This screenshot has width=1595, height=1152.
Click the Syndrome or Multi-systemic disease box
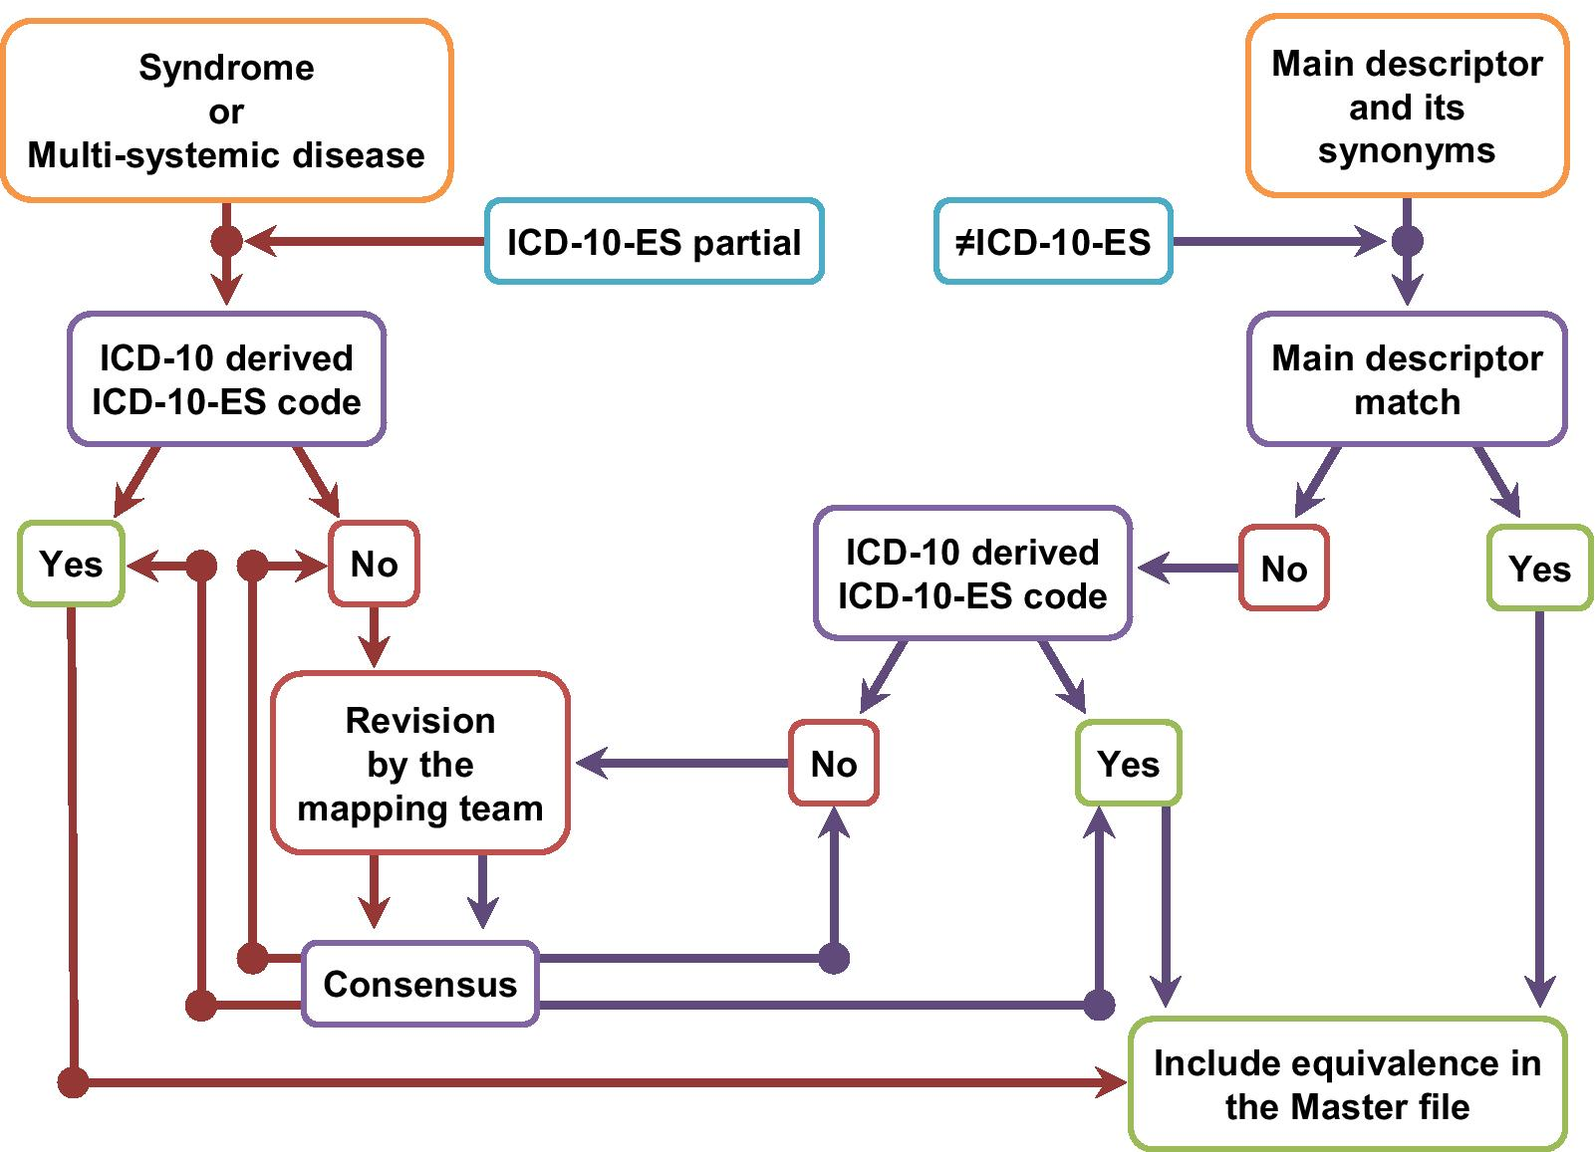(226, 111)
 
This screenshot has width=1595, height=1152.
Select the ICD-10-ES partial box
(654, 242)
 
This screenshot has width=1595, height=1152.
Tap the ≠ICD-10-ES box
(1053, 242)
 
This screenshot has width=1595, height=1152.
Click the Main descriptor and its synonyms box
(1406, 107)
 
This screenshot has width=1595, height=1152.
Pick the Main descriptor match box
(1406, 379)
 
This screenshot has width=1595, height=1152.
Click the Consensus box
(419, 984)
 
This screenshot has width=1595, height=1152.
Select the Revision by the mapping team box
(419, 764)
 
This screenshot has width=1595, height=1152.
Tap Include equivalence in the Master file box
(1347, 1084)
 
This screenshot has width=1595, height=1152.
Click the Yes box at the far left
(71, 565)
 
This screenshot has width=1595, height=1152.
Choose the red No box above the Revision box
(374, 565)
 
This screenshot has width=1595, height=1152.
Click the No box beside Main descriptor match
(1283, 569)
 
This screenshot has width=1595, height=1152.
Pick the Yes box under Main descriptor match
(1538, 569)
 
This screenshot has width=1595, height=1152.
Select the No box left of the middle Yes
(833, 764)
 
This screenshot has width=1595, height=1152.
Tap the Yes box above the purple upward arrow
(1128, 764)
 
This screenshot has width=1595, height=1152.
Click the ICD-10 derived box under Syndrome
(226, 379)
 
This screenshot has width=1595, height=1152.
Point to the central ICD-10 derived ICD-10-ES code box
(972, 574)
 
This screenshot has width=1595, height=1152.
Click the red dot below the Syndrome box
(226, 241)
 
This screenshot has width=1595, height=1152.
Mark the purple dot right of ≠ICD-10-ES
(1406, 241)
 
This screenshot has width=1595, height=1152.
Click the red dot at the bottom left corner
(73, 1081)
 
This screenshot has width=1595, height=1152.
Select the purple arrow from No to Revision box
(683, 764)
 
